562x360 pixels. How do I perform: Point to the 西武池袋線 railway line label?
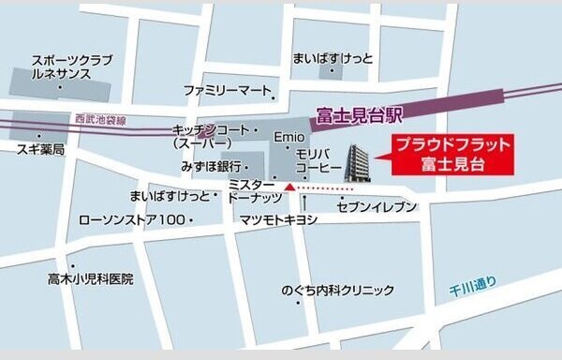99,119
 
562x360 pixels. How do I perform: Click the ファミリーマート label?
226,91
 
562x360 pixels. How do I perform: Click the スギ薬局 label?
38,150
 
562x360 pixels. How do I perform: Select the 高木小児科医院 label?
91,278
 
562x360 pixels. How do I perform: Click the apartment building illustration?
358,166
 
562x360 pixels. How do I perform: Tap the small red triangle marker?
290,188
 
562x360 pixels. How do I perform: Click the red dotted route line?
333,189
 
